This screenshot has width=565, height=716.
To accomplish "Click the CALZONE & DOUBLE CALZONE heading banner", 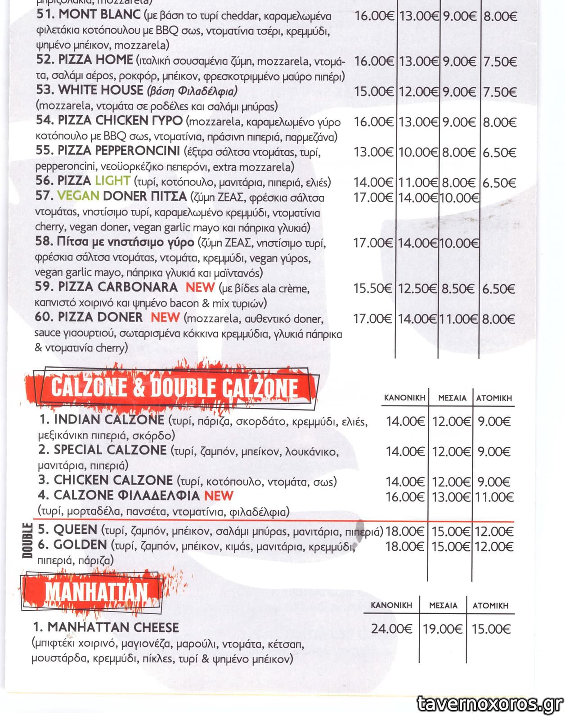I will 174,387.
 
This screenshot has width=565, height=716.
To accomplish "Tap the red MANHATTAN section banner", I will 95,592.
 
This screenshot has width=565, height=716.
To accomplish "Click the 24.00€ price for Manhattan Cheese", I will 391,629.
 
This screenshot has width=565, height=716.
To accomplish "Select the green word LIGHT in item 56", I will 112,181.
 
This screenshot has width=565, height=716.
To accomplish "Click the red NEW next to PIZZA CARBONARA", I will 200,287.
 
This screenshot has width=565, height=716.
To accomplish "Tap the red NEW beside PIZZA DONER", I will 165,317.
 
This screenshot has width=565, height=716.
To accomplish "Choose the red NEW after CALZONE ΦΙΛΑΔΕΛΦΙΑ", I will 219,495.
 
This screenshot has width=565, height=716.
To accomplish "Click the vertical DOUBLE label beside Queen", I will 28,540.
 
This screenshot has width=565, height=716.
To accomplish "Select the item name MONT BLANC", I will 100,14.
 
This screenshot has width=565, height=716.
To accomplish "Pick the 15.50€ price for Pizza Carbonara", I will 372,288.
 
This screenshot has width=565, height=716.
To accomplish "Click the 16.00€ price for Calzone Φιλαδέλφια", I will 405,497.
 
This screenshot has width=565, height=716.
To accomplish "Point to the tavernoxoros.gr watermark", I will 489,703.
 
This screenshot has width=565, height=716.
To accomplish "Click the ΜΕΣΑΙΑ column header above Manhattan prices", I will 443,606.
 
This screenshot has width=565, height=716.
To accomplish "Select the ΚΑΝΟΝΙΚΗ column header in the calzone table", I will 404,398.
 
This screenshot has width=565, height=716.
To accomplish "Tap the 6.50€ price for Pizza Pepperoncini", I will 499,153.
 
